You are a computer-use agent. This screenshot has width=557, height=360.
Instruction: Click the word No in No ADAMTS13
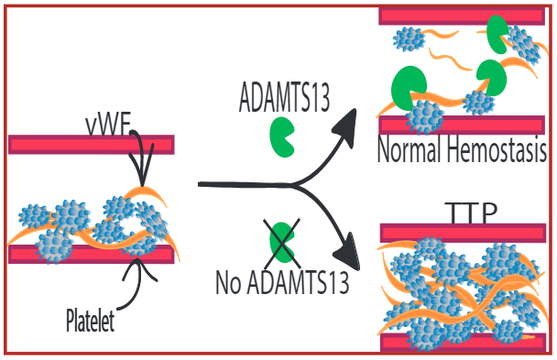[x=229, y=281]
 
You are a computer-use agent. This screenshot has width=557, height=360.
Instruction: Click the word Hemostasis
[x=496, y=149]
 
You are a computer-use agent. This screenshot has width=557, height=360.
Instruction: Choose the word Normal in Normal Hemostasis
[x=410, y=149]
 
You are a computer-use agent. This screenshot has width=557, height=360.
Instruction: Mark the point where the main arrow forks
[x=293, y=187]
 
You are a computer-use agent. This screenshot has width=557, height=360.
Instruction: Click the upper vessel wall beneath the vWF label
[x=91, y=145]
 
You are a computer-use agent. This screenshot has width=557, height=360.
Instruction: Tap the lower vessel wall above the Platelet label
[x=91, y=254]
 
